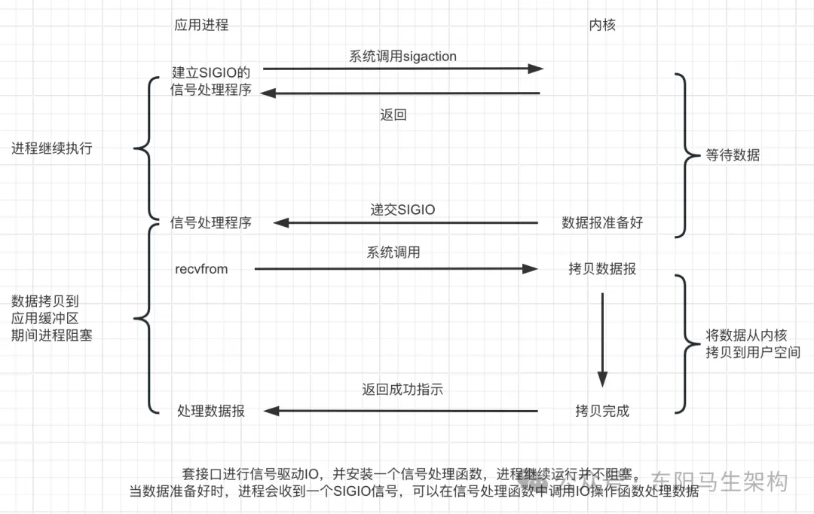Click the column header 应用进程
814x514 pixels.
[201, 25]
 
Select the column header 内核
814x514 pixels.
[602, 25]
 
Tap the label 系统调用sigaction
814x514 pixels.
[402, 56]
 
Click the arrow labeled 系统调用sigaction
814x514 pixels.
[402, 69]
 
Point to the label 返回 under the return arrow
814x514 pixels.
[393, 115]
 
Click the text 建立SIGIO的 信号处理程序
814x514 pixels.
[211, 81]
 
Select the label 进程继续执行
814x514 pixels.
[52, 148]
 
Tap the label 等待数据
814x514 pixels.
[733, 155]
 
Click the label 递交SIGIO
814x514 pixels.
[402, 210]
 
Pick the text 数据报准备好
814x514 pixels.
[602, 223]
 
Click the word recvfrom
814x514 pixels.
[201, 269]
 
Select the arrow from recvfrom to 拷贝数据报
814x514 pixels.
[396, 269]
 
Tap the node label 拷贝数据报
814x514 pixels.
[602, 269]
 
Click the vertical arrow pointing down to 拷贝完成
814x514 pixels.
[602, 340]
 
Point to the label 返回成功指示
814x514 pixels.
[402, 390]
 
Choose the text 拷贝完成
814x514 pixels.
[602, 412]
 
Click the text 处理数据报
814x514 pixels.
[211, 412]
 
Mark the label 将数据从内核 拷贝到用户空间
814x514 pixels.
[753, 344]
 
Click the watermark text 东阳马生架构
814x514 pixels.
[719, 482]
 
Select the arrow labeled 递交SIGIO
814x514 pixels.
[405, 223]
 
